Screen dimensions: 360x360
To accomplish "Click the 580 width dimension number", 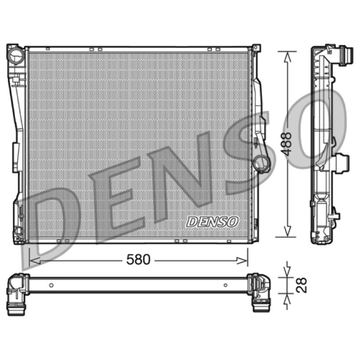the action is point(139,260).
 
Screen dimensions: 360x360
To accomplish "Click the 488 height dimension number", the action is point(287,144).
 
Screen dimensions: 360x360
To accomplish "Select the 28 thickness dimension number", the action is point(301,285).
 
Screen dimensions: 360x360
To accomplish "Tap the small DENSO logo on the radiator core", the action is point(212,222).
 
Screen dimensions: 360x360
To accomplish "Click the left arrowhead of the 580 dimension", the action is point(35,261).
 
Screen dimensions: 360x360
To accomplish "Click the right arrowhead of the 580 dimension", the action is point(242,261).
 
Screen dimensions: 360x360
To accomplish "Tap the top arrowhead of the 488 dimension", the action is point(288,57).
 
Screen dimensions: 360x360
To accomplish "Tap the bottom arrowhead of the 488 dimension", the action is point(287,231).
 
